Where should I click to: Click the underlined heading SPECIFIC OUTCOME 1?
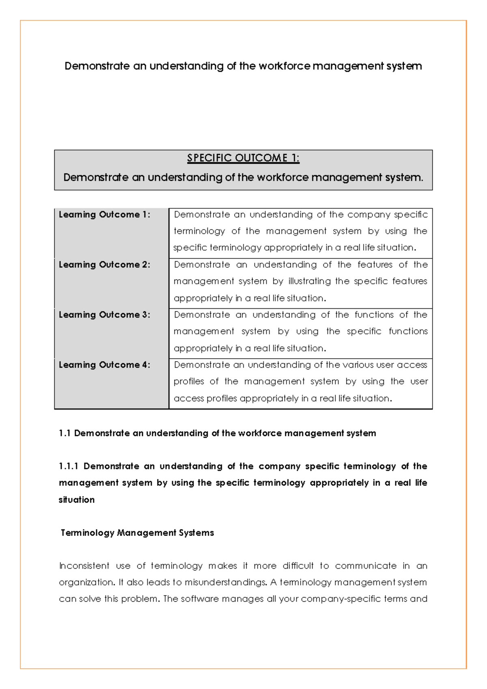click(x=243, y=158)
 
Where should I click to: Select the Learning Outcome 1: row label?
click(x=104, y=214)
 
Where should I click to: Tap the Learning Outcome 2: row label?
click(x=104, y=265)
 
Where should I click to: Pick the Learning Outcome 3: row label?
click(x=104, y=315)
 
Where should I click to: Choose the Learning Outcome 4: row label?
click(x=104, y=365)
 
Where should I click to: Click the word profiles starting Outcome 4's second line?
click(x=189, y=381)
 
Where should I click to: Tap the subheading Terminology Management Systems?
click(x=137, y=533)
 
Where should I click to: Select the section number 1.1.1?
click(x=69, y=466)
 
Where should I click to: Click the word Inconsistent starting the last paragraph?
click(x=84, y=566)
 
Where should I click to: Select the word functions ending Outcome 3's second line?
click(x=408, y=331)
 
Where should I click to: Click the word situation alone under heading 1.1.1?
click(x=77, y=500)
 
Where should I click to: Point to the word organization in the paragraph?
click(x=86, y=583)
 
